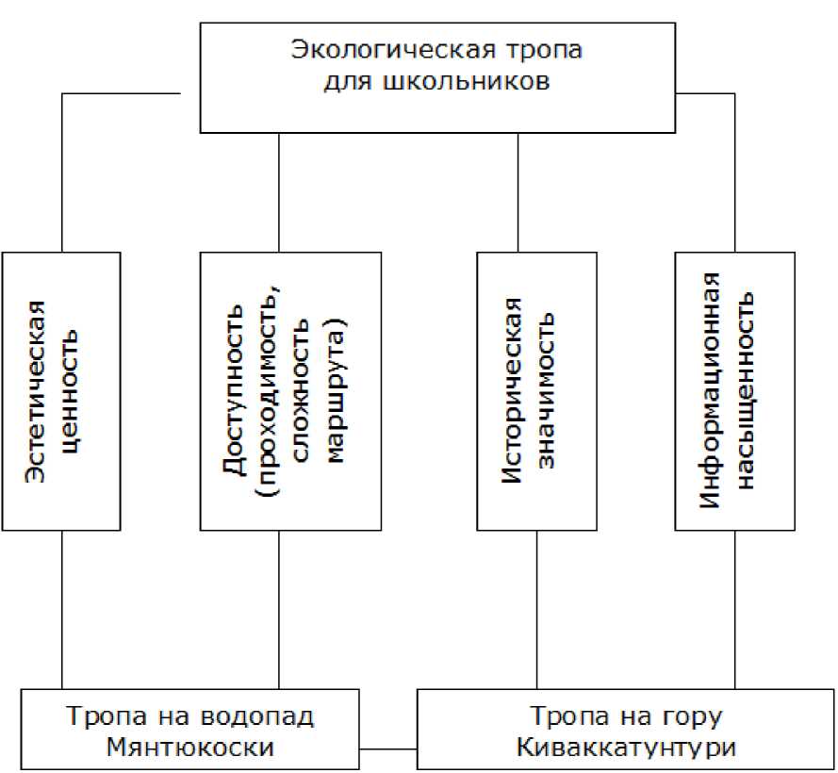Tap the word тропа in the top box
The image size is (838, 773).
pyautogui.click(x=535, y=51)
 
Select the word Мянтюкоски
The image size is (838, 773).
pyautogui.click(x=189, y=748)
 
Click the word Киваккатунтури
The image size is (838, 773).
pyautogui.click(x=626, y=748)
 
